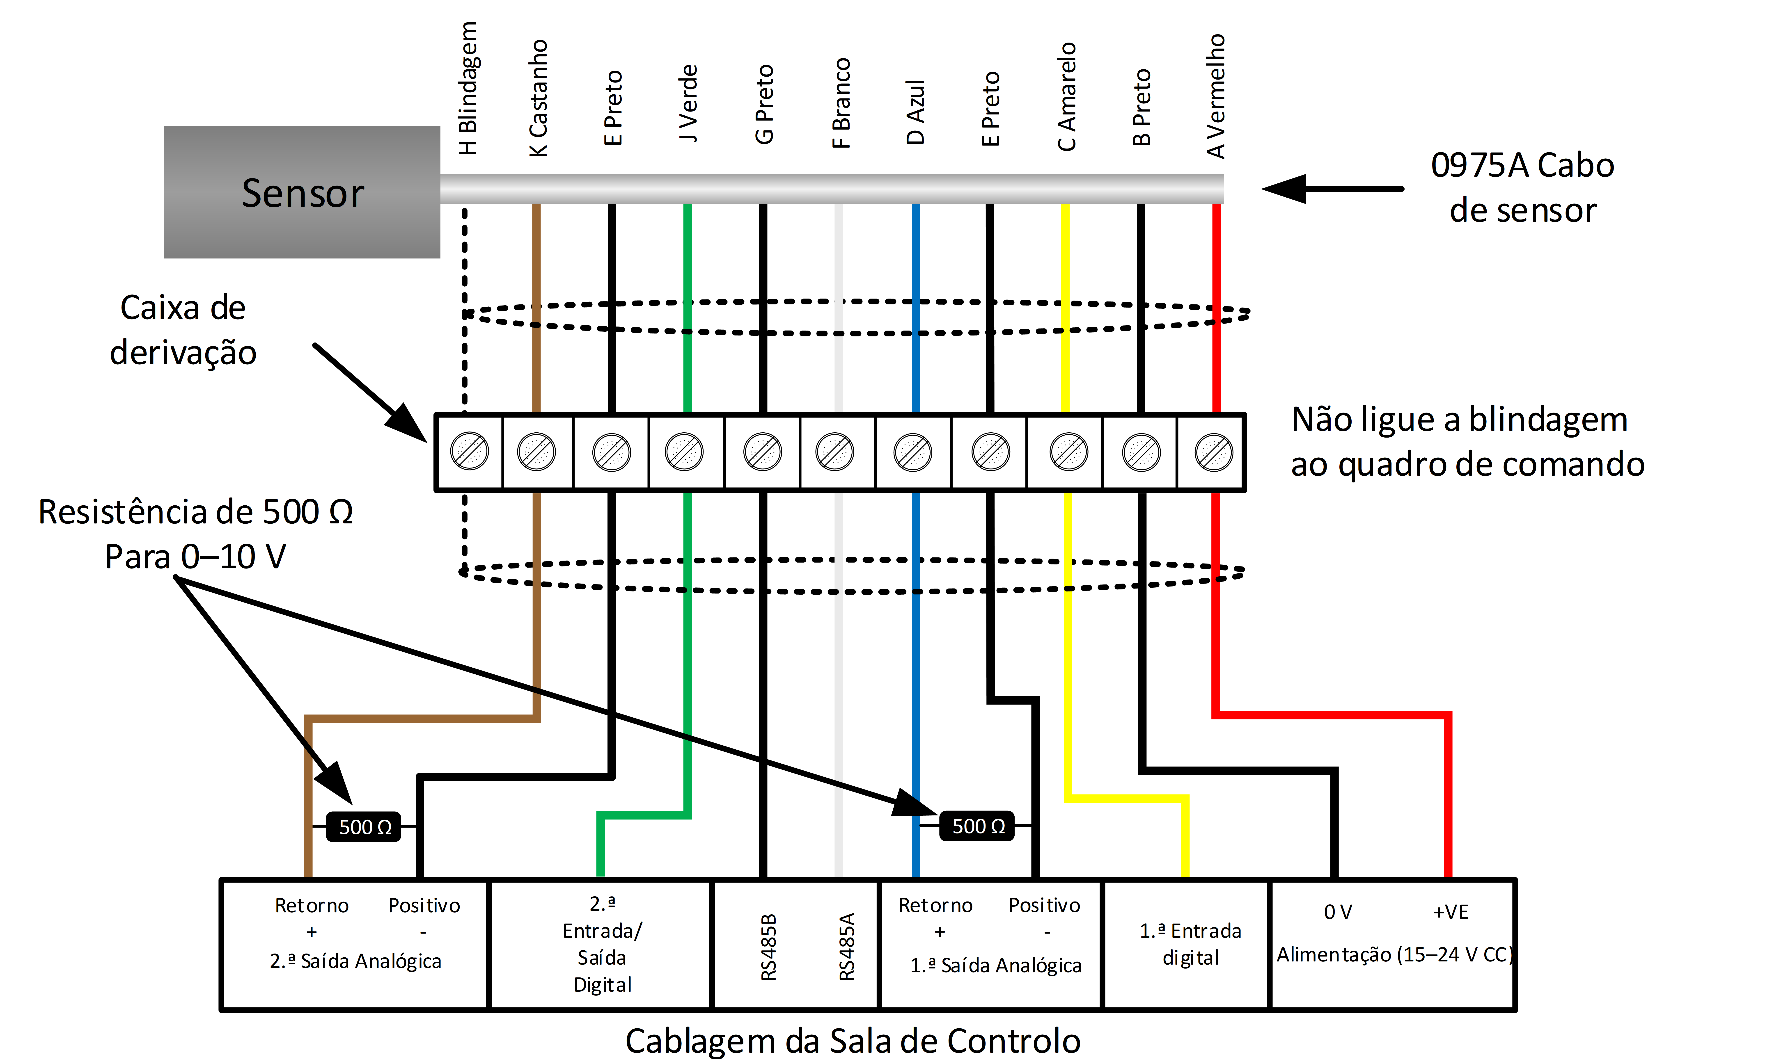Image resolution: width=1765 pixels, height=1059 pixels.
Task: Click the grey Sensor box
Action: point(302,192)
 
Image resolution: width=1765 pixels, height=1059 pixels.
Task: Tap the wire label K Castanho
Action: point(538,98)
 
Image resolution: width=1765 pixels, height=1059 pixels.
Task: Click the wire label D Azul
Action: point(915,112)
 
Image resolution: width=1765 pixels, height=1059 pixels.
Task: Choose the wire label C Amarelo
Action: point(1066,96)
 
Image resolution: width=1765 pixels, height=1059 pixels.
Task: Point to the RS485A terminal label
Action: point(846,946)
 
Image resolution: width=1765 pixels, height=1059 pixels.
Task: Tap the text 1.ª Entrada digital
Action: point(1190,943)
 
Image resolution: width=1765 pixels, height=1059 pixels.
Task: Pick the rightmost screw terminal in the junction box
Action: point(1213,452)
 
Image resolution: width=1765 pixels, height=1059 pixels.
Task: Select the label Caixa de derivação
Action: point(183,330)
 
